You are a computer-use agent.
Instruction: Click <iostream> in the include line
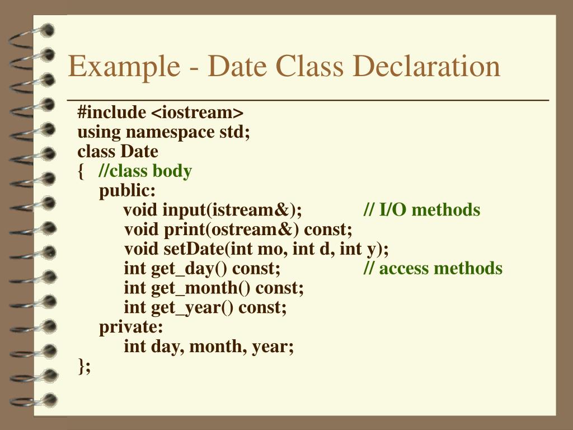197,113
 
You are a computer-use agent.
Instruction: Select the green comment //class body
145,171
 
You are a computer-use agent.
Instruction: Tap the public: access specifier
128,191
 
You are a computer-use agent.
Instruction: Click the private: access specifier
131,327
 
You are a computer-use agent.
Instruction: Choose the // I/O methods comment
421,210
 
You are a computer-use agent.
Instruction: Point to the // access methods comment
433,268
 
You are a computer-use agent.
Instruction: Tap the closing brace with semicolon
84,366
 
